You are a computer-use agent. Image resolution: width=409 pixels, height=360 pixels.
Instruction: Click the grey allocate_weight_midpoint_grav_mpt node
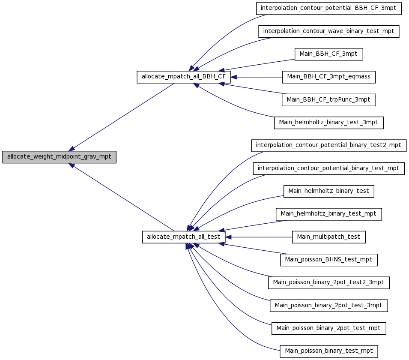pyautogui.click(x=59, y=157)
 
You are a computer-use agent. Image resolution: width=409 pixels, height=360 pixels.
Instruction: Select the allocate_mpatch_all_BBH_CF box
pyautogui.click(x=184, y=77)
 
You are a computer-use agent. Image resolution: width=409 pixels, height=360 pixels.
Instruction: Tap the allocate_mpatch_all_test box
pyautogui.click(x=184, y=237)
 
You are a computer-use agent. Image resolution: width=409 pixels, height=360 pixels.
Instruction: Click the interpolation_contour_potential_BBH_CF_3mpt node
pyautogui.click(x=328, y=8)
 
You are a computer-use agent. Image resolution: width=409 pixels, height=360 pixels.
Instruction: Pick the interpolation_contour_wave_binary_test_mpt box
pyautogui.click(x=328, y=31)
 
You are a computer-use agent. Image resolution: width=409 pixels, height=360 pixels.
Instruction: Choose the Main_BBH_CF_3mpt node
pyautogui.click(x=328, y=54)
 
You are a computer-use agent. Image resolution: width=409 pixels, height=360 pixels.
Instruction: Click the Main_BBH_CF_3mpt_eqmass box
pyautogui.click(x=328, y=77)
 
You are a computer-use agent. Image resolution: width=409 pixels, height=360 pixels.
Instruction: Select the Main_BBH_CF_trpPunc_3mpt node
pyautogui.click(x=328, y=100)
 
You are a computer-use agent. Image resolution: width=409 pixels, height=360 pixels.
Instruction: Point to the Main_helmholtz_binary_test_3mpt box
pyautogui.click(x=328, y=123)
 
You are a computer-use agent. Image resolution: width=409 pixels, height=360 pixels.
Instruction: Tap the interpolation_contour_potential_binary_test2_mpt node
pyautogui.click(x=328, y=145)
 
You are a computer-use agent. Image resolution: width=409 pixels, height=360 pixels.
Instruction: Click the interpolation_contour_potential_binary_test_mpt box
pyautogui.click(x=328, y=168)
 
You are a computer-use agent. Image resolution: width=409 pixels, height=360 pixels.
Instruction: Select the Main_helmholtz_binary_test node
pyautogui.click(x=328, y=191)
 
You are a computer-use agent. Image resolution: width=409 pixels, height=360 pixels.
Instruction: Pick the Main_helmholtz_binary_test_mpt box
pyautogui.click(x=328, y=214)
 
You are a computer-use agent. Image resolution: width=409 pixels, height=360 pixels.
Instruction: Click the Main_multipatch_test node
pyautogui.click(x=328, y=237)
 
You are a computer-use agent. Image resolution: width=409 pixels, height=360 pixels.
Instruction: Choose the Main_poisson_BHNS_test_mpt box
pyautogui.click(x=328, y=260)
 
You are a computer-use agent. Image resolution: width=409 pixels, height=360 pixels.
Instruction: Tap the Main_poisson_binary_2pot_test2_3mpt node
pyautogui.click(x=328, y=283)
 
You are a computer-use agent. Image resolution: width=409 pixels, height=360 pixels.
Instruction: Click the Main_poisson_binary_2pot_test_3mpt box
pyautogui.click(x=328, y=306)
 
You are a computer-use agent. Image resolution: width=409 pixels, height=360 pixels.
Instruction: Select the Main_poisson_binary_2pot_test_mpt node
pyautogui.click(x=328, y=328)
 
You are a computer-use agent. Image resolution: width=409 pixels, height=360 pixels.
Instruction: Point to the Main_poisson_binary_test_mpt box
pyautogui.click(x=328, y=351)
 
